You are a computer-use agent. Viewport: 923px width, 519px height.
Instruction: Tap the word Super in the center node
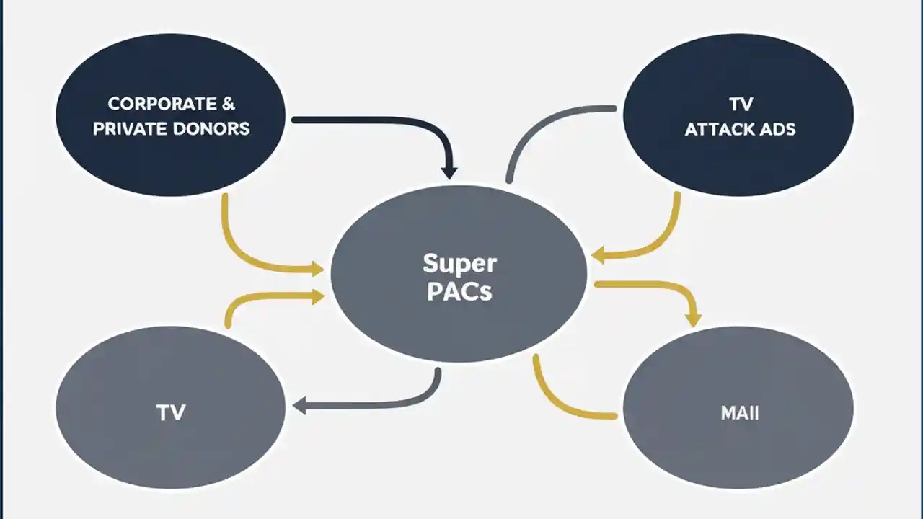tap(459, 263)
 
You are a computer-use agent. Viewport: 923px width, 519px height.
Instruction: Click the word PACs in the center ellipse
tap(459, 292)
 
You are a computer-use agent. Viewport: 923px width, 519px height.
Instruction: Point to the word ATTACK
tap(724, 130)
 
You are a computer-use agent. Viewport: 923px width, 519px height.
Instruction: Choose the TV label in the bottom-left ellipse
tap(170, 412)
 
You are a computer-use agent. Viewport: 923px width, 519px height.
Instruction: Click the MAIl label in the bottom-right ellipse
tap(739, 414)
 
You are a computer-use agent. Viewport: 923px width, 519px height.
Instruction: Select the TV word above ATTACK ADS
tap(741, 105)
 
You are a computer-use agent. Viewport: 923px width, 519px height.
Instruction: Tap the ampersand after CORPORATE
tap(228, 104)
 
